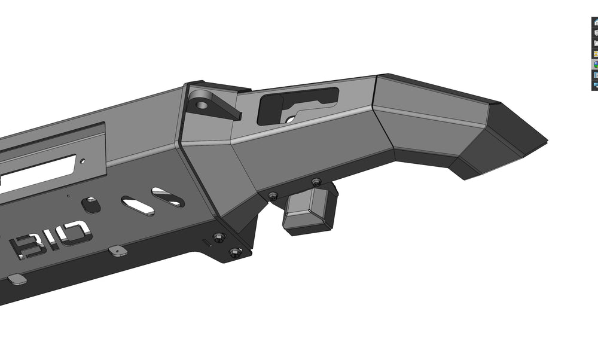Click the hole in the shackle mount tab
(x=202, y=105)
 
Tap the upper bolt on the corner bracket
(x=219, y=237)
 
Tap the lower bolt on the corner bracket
(x=235, y=252)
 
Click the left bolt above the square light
(x=273, y=196)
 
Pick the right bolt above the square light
(x=316, y=182)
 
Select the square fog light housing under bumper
(x=309, y=210)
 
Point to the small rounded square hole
(x=91, y=205)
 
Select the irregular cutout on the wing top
(x=297, y=103)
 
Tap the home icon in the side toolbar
(x=596, y=23)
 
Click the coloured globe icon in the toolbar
(x=596, y=64)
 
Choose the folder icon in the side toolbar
(x=596, y=43)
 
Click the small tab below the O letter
(x=117, y=251)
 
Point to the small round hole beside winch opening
(x=83, y=160)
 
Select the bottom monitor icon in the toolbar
(x=596, y=85)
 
